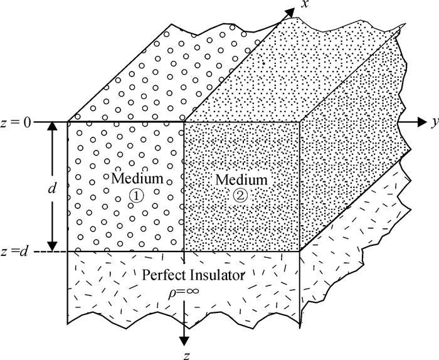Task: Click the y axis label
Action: pyautogui.click(x=433, y=123)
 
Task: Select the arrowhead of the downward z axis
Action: pyautogui.click(x=184, y=340)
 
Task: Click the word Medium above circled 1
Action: pyautogui.click(x=137, y=179)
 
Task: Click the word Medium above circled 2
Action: pyautogui.click(x=241, y=180)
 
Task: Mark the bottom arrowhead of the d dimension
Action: pyautogui.click(x=53, y=246)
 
